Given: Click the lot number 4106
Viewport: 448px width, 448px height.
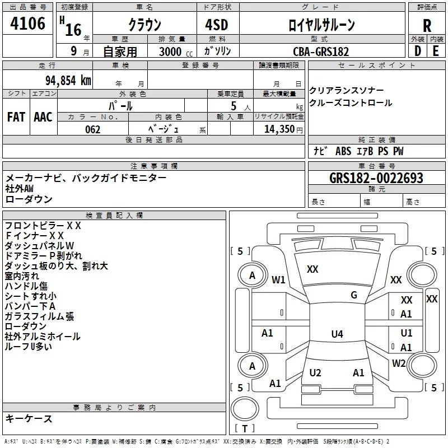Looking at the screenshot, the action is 27,24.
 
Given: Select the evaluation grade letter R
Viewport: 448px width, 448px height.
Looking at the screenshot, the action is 427,26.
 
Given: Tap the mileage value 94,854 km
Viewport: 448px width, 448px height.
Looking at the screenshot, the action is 68,81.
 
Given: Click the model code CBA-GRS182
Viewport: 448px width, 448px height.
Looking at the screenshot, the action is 321,52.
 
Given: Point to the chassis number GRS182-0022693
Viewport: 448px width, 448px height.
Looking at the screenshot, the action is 376,178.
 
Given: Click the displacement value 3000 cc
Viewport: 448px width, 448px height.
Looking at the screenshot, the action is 176,52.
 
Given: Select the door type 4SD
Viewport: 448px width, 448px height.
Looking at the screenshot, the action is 217,25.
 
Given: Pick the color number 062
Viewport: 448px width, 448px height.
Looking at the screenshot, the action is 93,129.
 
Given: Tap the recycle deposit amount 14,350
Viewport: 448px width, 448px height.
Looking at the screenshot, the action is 279,129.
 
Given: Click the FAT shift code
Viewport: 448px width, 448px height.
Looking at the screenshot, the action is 16,117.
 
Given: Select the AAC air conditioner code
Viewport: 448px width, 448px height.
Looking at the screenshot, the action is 43,117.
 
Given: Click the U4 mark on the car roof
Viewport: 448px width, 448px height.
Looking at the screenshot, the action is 337,334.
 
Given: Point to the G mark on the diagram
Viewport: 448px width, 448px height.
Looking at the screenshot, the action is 354,295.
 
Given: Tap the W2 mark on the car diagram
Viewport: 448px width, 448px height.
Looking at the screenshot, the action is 399,363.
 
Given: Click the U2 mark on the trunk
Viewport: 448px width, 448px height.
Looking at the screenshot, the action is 315,372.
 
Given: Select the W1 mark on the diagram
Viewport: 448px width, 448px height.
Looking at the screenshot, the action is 278,279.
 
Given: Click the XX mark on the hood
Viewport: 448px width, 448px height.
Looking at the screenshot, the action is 312,269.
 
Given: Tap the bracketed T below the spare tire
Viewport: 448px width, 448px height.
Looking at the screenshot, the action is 245,428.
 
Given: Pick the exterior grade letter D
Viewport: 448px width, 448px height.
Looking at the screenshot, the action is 418,51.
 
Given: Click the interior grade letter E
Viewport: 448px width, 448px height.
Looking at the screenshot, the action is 436,51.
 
